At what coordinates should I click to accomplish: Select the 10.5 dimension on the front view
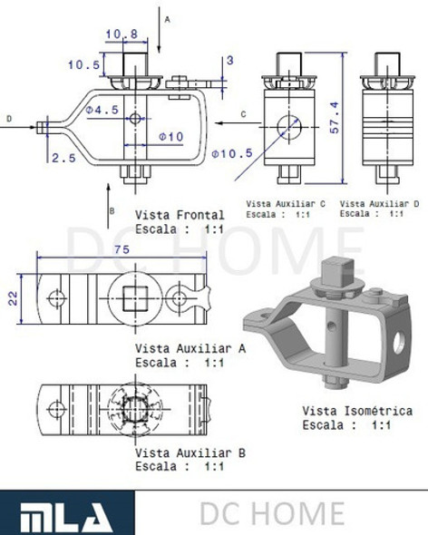pos(83,64)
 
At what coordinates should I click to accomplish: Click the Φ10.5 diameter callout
pos(231,152)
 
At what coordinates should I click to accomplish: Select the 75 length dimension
pos(120,250)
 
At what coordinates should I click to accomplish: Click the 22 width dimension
pos(14,298)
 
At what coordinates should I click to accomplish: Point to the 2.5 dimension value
pos(63,157)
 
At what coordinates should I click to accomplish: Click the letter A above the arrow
pos(167,18)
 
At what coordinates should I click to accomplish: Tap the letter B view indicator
pos(111,210)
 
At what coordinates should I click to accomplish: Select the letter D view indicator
pos(8,118)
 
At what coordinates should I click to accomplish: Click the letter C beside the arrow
pos(244,113)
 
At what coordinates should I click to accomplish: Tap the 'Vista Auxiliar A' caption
pos(190,348)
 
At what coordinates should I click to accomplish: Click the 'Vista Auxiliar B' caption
pos(190,452)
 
